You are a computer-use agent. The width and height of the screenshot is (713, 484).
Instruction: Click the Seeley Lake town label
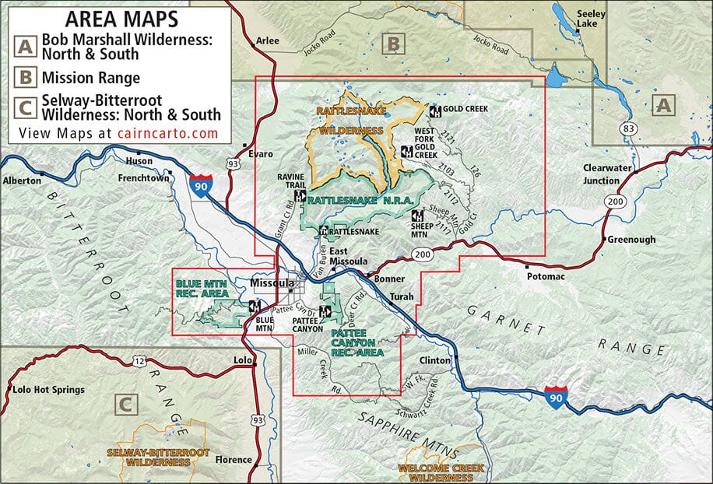594,19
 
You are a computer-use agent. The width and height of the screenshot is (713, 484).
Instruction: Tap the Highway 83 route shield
628,127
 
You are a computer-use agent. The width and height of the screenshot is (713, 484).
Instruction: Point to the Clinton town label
434,360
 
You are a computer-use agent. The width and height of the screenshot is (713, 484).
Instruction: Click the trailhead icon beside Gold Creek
435,110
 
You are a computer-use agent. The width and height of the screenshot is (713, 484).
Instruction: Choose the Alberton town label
23,180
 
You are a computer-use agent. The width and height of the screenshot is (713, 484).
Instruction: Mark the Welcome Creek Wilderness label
441,472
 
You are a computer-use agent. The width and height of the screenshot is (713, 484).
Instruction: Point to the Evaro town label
260,154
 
